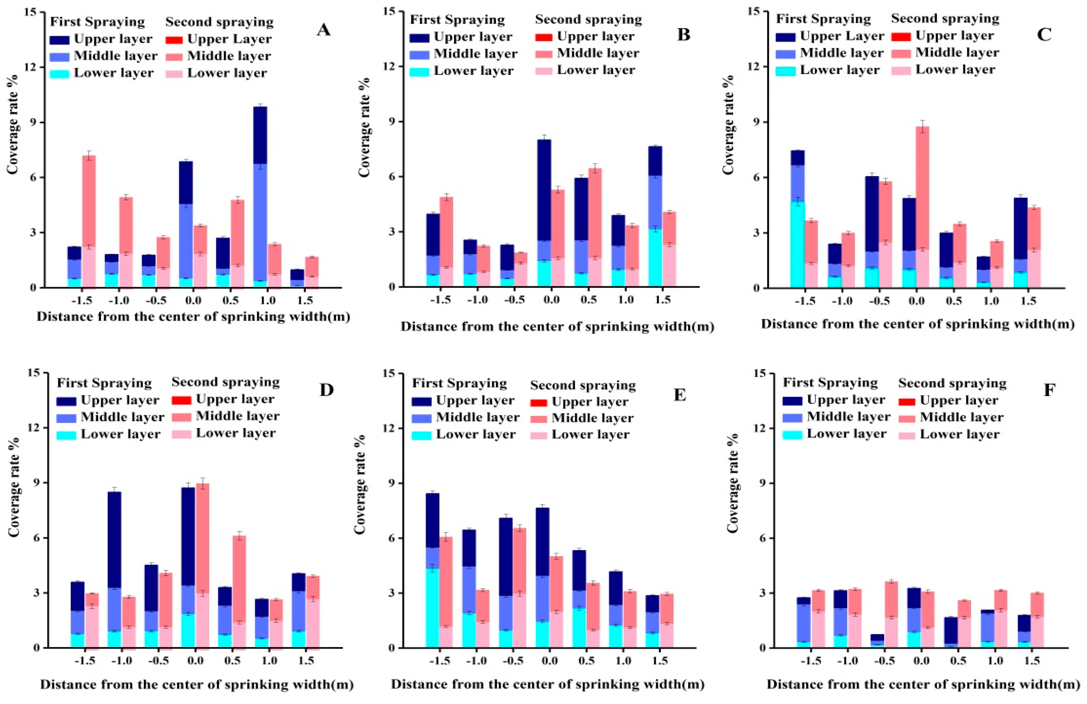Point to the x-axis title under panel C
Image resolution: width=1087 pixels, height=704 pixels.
(x=918, y=324)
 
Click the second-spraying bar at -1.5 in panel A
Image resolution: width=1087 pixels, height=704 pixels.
(x=89, y=222)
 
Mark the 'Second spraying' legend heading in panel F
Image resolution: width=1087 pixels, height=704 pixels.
(x=952, y=383)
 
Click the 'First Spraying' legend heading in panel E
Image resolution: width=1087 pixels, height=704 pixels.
(x=460, y=383)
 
